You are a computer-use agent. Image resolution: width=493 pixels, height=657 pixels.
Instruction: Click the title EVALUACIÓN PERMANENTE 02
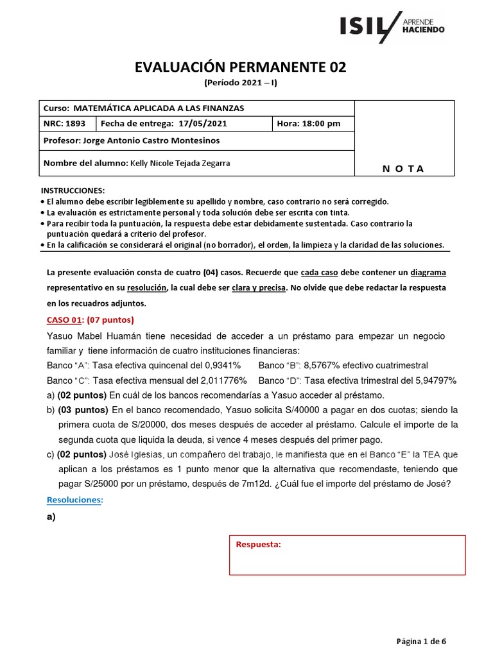click(240, 68)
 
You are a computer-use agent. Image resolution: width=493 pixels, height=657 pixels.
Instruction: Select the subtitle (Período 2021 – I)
click(240, 83)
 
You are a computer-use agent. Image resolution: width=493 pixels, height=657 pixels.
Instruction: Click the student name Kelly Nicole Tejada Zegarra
click(180, 163)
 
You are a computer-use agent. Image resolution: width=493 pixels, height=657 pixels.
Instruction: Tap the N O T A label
click(403, 169)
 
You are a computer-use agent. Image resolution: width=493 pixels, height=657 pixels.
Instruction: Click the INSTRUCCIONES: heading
click(72, 191)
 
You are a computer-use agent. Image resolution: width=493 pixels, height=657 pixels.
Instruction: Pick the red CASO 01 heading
click(64, 320)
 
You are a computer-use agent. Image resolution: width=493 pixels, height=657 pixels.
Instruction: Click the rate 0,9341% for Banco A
click(220, 364)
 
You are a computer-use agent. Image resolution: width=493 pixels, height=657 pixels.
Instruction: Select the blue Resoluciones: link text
click(74, 500)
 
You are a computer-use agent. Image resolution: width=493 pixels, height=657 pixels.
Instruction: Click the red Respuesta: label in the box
click(259, 545)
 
